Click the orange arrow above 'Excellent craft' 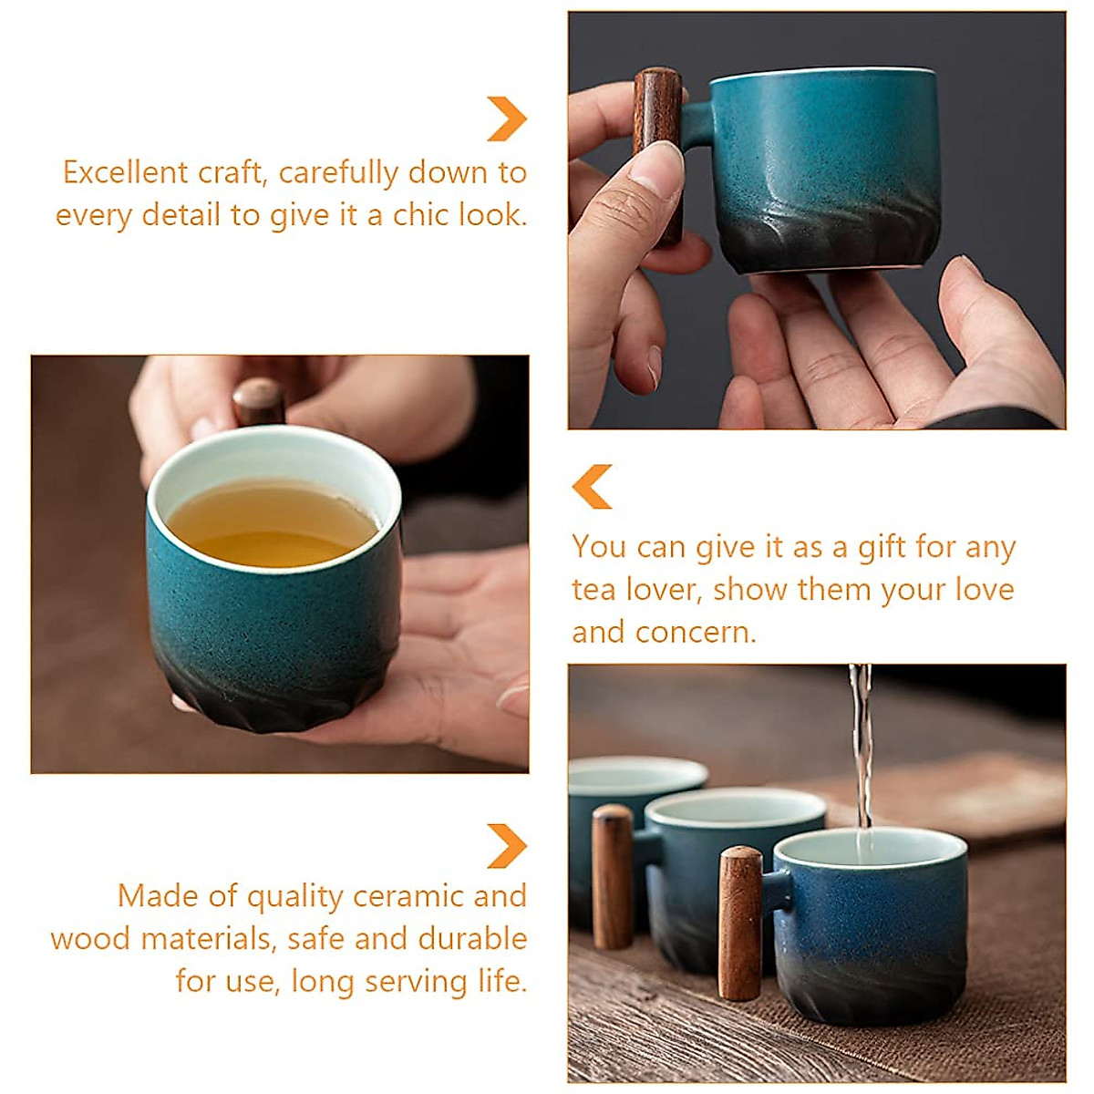(506, 119)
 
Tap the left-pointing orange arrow (593, 486)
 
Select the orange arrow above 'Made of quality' (506, 845)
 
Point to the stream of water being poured (861, 748)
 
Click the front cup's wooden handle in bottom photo (739, 923)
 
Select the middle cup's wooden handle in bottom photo (612, 875)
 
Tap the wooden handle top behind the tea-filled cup (258, 401)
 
